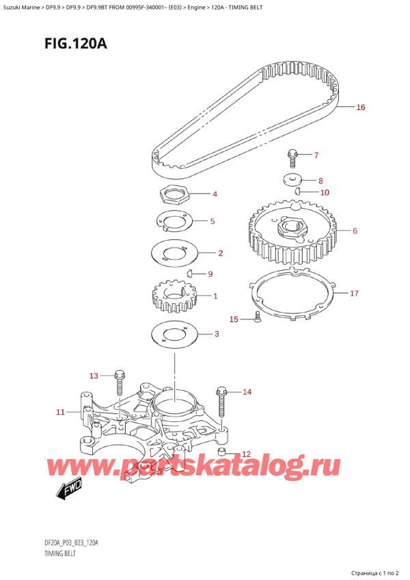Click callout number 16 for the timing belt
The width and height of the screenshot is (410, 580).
[361, 107]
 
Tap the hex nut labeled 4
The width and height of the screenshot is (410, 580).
[174, 196]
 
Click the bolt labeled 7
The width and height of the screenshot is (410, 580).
[292, 157]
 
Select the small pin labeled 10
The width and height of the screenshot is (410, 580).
[299, 192]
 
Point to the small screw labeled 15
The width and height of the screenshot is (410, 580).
[256, 316]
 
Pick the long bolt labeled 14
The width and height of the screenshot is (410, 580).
[221, 404]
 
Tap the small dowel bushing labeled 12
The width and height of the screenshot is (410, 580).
[222, 453]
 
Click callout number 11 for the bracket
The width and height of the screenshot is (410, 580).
[60, 412]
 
